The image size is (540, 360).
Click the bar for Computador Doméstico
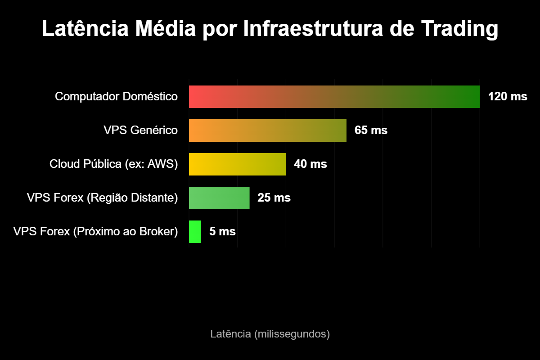[334, 97]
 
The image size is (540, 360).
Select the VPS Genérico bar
[267, 130]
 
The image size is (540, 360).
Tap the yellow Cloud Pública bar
[237, 164]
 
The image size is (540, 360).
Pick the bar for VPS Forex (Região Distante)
[219, 198]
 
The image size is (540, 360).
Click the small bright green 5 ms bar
[195, 232]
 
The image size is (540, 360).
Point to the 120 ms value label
[507, 97]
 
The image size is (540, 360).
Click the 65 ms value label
[371, 130]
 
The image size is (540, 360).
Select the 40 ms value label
[310, 164]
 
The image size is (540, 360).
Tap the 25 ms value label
[274, 198]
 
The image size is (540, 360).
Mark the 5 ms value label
[222, 232]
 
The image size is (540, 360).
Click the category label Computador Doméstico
[116, 97]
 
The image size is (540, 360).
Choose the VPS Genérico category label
[140, 130]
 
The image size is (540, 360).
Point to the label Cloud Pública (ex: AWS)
[113, 164]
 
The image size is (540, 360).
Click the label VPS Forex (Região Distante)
[102, 198]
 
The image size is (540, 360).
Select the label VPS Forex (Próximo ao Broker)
[95, 232]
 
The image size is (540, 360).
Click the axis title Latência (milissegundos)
[270, 334]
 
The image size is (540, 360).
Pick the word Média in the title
[166, 30]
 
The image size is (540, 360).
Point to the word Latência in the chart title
[83, 30]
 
